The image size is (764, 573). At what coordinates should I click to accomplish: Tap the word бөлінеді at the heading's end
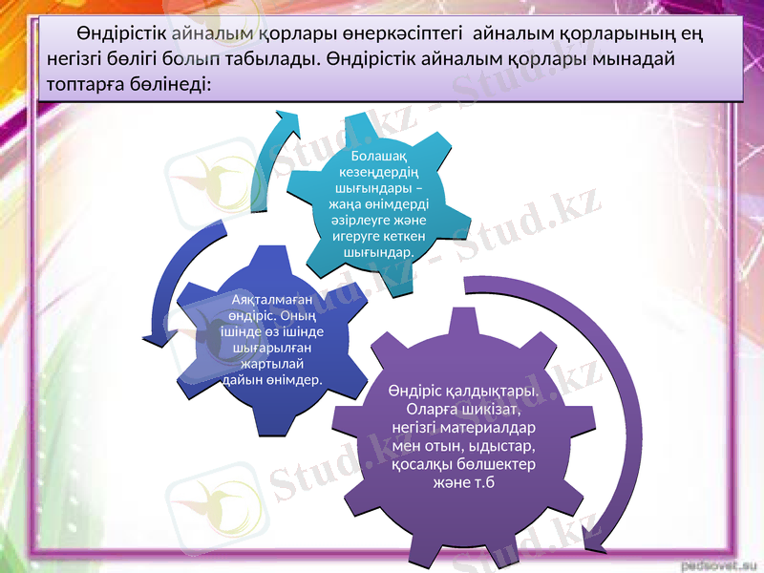tap(178, 84)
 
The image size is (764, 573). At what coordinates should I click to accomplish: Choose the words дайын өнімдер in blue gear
tap(272, 380)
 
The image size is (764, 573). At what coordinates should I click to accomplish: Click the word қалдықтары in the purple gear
tap(492, 392)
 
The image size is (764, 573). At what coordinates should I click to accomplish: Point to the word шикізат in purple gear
tap(492, 410)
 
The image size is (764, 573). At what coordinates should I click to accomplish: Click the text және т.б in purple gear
tap(463, 483)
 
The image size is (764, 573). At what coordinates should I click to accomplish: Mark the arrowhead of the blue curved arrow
tap(151, 336)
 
